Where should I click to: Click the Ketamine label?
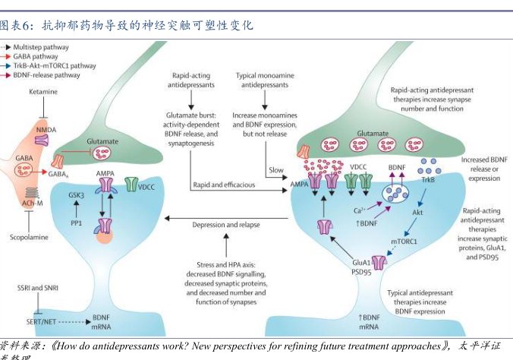[x=44, y=92]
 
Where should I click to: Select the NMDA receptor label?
[x=46, y=131]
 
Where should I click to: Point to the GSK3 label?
[x=77, y=194]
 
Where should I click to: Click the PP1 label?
[x=76, y=223]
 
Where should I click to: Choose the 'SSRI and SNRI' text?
[x=38, y=289]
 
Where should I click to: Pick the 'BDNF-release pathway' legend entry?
[x=46, y=75]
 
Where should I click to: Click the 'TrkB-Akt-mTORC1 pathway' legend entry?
[x=54, y=66]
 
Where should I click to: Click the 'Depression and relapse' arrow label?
[x=227, y=225]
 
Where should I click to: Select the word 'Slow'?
[x=275, y=170]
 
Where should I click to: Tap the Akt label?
[x=417, y=213]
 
